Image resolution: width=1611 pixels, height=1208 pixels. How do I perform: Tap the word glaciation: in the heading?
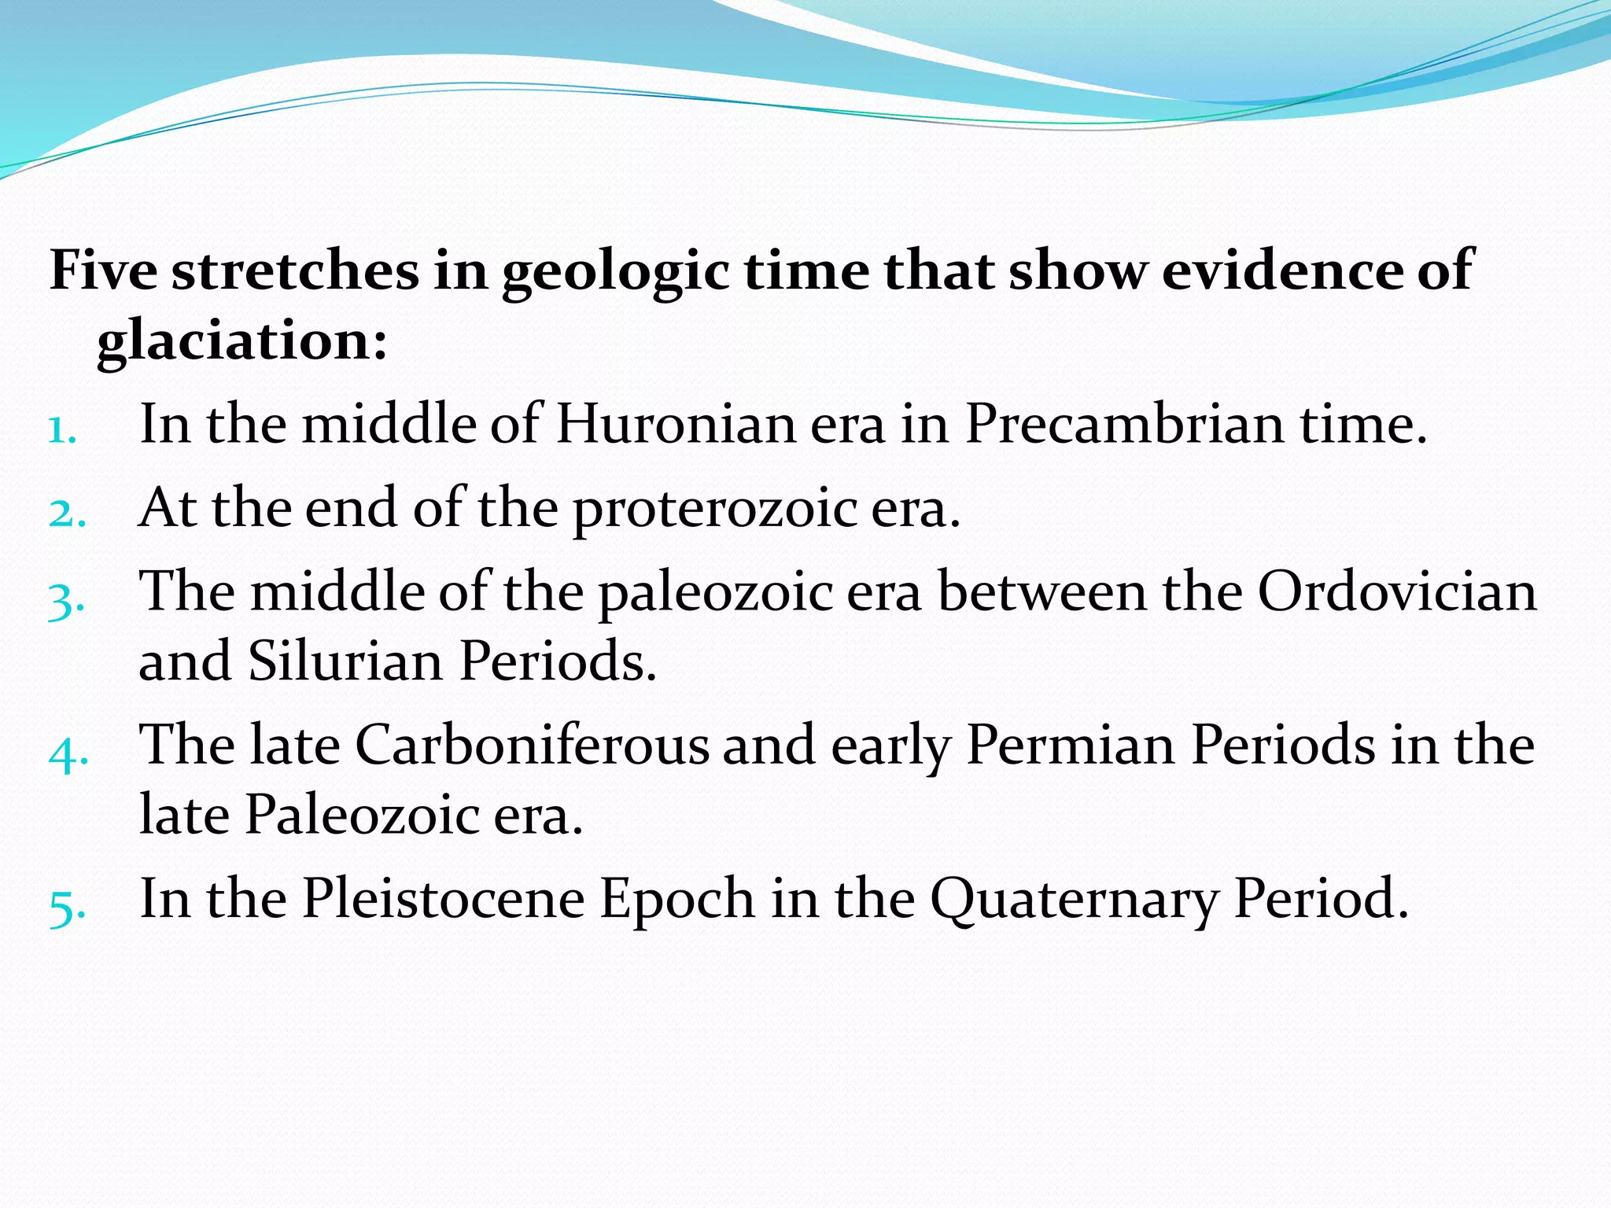point(242,341)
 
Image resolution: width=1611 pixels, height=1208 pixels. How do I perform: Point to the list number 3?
point(66,602)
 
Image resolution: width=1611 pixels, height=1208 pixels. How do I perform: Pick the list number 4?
point(68,754)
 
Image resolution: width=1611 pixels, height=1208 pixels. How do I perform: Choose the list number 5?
point(66,907)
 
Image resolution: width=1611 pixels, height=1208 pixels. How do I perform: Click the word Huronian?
point(676,425)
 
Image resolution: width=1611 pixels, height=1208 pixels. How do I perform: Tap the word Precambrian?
point(1124,425)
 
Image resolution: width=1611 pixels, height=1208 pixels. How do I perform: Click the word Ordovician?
point(1396,591)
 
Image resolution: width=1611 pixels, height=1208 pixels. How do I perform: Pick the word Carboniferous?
point(532,744)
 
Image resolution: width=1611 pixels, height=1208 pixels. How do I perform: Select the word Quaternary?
point(1075,900)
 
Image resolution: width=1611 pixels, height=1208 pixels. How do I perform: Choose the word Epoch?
point(677,900)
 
